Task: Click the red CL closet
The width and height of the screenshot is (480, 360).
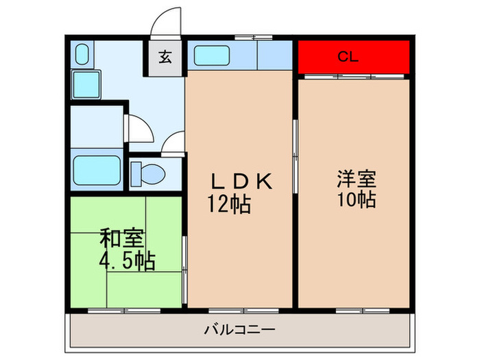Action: tap(353, 57)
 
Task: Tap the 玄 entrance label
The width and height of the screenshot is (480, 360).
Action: tap(165, 57)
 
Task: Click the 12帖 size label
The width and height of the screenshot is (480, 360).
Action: tap(228, 204)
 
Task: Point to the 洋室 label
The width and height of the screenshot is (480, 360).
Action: tap(355, 179)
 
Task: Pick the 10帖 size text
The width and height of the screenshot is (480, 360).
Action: tap(355, 200)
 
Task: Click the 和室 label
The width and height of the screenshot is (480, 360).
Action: tap(121, 239)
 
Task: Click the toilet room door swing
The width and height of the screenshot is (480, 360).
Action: tap(174, 143)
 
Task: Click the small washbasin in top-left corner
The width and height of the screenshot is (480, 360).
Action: tap(82, 54)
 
